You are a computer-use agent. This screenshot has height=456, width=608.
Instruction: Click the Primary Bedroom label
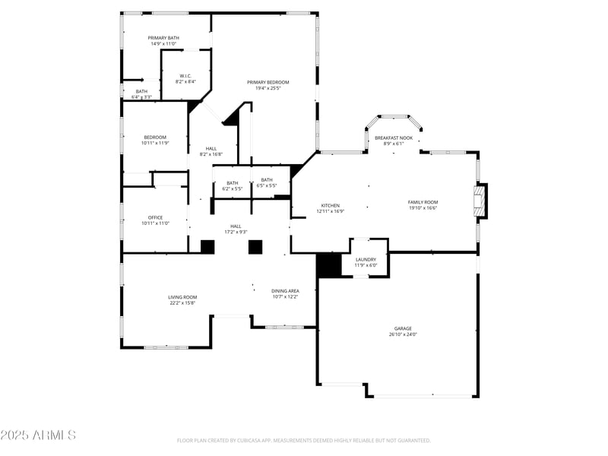(x=268, y=82)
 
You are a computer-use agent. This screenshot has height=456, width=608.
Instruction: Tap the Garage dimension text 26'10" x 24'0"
(x=403, y=334)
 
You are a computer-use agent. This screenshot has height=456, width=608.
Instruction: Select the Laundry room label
(x=366, y=259)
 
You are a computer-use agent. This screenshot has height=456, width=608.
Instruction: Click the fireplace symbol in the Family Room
(x=481, y=202)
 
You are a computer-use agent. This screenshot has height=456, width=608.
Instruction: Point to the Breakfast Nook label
(x=394, y=138)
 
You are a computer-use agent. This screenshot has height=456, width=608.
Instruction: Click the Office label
(x=155, y=217)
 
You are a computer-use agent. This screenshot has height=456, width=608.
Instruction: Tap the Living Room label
(x=182, y=297)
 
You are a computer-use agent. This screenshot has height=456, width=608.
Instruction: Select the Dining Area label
(x=285, y=290)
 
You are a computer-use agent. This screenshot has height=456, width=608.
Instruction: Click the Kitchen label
(x=330, y=205)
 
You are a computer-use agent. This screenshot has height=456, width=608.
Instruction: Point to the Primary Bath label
(x=163, y=37)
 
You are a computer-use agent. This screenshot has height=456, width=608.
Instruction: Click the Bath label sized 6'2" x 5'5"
(x=232, y=182)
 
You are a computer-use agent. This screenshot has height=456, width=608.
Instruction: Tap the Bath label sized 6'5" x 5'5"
(x=267, y=179)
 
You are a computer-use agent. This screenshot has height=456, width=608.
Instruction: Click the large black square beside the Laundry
(x=329, y=265)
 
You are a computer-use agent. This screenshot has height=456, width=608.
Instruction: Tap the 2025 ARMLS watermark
(x=38, y=435)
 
